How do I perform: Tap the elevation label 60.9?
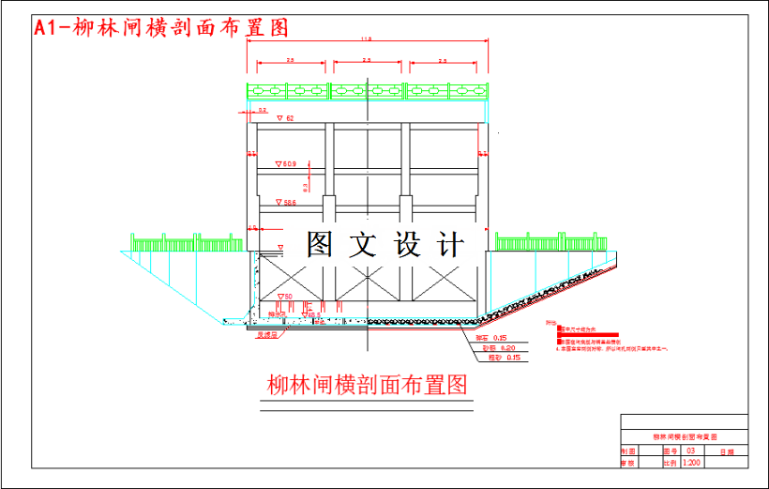click(286, 164)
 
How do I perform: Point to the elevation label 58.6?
click(286, 203)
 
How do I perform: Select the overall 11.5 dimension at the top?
click(366, 39)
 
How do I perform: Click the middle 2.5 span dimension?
click(366, 61)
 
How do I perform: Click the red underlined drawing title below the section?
click(367, 385)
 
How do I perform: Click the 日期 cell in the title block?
click(728, 451)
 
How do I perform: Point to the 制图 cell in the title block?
click(627, 451)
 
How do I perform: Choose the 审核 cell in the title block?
click(627, 463)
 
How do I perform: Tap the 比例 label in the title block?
click(670, 463)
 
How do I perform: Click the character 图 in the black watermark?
click(320, 245)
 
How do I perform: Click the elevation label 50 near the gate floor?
click(286, 298)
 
